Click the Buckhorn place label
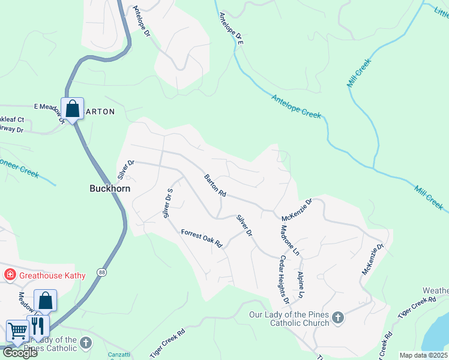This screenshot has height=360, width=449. tap(110, 188)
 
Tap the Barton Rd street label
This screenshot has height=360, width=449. tap(214, 185)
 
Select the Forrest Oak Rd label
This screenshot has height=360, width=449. tap(202, 238)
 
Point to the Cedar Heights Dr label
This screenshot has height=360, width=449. tap(284, 278)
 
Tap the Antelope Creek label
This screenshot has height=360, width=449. tap(296, 106)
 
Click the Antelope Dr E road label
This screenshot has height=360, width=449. tap(230, 28)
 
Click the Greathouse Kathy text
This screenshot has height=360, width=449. tap(52, 275)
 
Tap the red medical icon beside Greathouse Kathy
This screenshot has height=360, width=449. tap(10, 275)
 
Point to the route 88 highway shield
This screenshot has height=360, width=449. tap(103, 272)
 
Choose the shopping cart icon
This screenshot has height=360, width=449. tap(17, 331)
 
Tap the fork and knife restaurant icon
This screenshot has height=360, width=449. tap(38, 326)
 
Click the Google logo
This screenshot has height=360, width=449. tap(20, 353)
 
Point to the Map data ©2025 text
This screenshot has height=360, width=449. tap(424, 355)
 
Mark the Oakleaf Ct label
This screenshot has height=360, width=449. tap(12, 120)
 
